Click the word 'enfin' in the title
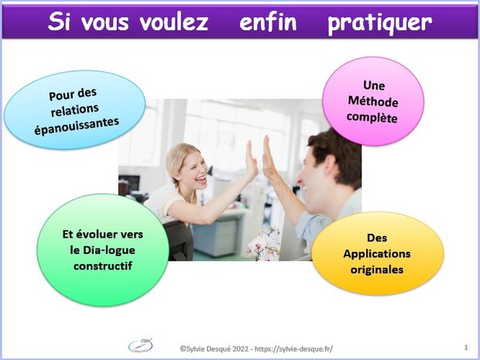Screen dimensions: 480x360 tap(268, 22)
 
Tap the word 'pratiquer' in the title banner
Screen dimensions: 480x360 tap(379, 24)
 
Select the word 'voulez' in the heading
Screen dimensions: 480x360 tap(174, 22)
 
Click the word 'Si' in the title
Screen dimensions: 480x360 tap(59, 22)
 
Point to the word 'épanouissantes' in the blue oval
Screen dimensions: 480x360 tap(77, 125)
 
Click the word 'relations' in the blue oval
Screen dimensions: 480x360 tap(74, 110)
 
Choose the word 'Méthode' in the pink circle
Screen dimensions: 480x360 tap(373, 101)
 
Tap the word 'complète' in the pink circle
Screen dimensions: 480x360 tap(372, 118)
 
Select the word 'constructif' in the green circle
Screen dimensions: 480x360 tap(103, 266)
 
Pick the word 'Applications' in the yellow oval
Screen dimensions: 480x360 tap(377, 254)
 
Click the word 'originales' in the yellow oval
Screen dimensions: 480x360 tap(377, 269)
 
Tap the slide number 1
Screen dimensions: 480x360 tap(466, 347)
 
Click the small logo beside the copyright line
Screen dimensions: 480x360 tap(140, 345)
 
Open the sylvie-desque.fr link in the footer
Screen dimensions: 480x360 tap(294, 348)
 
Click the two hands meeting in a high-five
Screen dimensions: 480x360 tap(260, 158)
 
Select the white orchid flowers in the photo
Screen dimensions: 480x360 tap(265, 245)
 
